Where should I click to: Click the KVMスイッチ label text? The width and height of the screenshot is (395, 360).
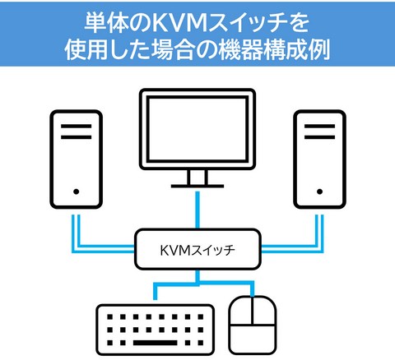coord(197,250)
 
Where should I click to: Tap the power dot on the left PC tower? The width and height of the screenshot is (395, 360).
coord(77,192)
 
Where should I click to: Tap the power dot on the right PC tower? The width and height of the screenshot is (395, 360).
coord(319,192)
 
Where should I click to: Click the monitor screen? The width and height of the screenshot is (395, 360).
coord(197,129)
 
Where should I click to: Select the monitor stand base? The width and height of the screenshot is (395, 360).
coord(197,186)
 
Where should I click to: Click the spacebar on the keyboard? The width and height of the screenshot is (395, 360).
coord(156,343)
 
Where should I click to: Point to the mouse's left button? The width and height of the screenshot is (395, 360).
coord(241,311)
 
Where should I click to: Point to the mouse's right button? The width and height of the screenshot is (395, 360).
coord(264,311)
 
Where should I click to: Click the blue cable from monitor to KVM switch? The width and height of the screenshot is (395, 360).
coord(197,210)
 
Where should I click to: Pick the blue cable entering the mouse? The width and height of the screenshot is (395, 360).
coord(252,289)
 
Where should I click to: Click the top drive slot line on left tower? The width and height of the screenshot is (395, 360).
coord(77,126)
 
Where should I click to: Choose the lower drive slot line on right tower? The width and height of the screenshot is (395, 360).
coord(319,137)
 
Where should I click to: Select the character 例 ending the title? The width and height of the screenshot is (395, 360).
coord(319,50)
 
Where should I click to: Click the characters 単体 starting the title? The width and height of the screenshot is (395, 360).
coord(107,23)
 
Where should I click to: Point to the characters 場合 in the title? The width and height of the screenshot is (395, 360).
coord(173,50)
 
